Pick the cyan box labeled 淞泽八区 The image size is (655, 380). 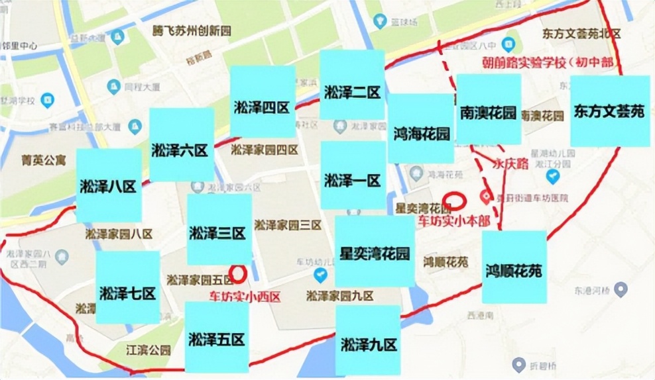click(109, 185)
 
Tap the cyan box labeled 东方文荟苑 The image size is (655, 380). click(609, 111)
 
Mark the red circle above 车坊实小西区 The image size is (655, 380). click(237, 273)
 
